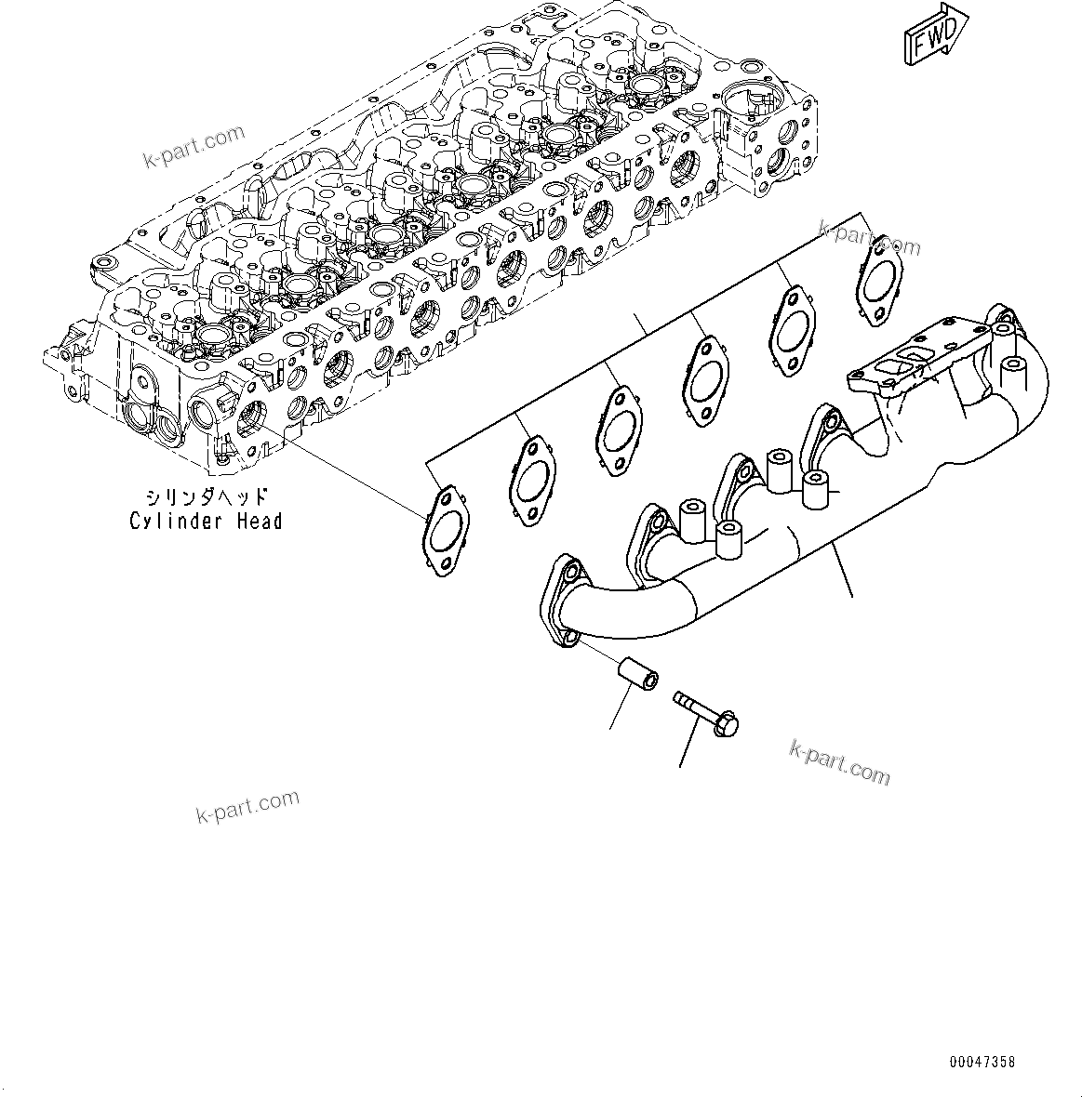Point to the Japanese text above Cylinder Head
pyautogui.click(x=206, y=496)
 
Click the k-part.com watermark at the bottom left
pyautogui.click(x=247, y=806)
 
